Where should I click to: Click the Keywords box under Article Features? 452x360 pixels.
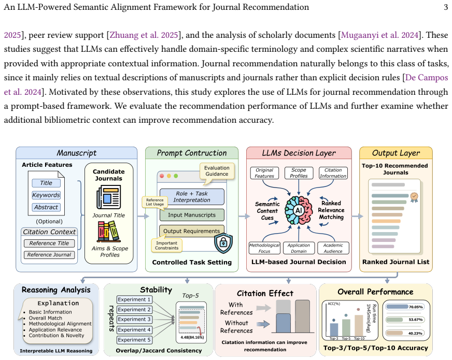tap(46, 195)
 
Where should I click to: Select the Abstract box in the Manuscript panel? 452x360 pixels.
tap(46, 207)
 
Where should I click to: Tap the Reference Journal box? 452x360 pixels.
tap(49, 255)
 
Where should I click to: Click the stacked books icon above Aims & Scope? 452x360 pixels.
tap(109, 232)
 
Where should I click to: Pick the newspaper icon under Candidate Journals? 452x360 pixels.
tap(109, 197)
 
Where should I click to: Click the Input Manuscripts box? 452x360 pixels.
tap(192, 215)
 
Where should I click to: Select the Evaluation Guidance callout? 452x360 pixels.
tap(217, 172)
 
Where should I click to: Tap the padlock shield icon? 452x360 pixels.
tap(223, 243)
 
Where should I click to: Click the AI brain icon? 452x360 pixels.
tap(299, 210)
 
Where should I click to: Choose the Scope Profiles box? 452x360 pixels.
tap(299, 173)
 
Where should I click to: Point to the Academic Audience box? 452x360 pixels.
tap(333, 248)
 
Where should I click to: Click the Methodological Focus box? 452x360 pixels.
tap(264, 248)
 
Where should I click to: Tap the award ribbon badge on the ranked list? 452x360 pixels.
tap(414, 197)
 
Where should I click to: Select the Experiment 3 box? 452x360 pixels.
tap(134, 320)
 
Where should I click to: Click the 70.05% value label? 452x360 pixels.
tap(416, 307)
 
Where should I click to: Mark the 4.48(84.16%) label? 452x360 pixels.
tap(192, 337)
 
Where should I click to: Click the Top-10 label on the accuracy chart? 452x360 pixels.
tap(359, 338)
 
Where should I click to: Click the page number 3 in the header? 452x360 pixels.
tap(446, 7)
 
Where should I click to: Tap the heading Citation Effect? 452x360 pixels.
tap(265, 294)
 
